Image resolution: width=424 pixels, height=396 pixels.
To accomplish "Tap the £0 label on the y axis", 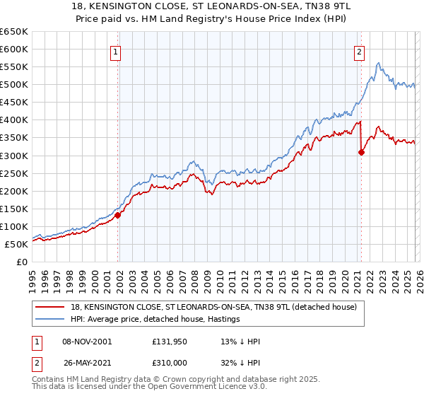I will (22, 262).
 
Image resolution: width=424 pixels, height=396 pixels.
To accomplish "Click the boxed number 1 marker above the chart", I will (114, 51).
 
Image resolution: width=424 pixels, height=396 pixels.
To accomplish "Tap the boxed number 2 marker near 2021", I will (360, 51).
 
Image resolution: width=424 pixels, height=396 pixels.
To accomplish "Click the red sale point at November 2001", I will (118, 215).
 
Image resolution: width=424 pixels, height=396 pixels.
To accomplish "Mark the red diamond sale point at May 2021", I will (361, 151).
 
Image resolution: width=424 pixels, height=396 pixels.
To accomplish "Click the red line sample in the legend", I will (51, 307).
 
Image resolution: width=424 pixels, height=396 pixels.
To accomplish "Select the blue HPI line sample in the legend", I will (51, 319).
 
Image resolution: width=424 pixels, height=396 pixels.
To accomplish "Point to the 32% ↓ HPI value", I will (240, 361).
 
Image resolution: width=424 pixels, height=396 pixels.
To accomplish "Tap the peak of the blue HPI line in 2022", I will (379, 64).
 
